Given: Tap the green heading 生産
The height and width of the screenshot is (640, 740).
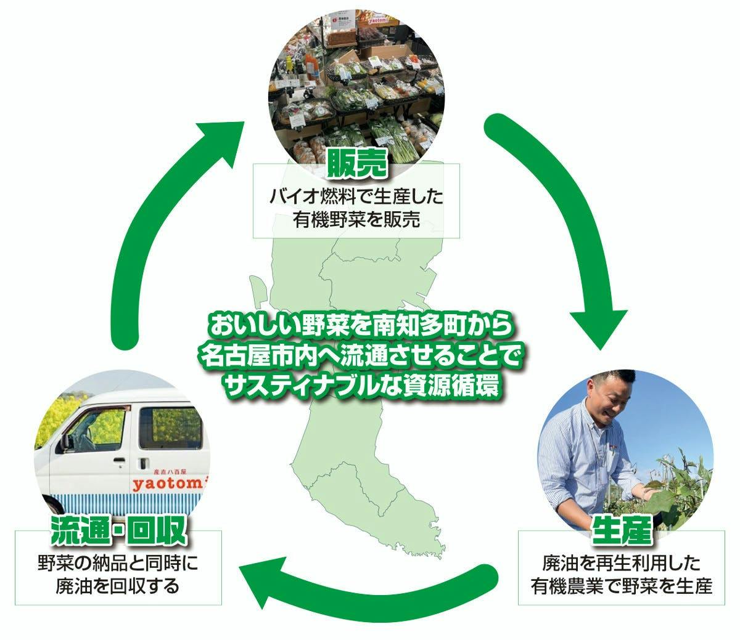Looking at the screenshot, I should coord(621,532).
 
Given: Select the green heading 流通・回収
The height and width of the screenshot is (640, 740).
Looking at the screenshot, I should coord(118,531).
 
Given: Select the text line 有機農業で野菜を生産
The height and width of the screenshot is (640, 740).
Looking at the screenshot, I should coord(621,586).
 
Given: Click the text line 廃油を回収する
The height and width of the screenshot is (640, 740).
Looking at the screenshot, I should coord(118,586).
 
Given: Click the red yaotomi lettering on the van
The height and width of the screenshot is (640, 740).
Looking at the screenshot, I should coord(166,484).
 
